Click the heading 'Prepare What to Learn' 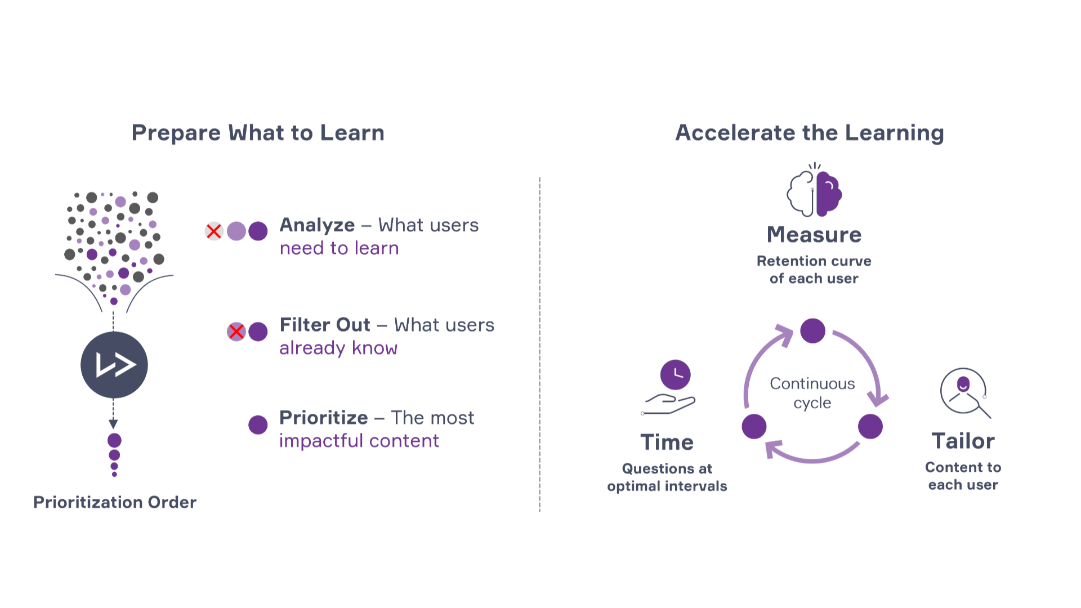point(258,133)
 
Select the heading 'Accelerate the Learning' point(810,133)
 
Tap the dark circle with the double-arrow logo point(114,365)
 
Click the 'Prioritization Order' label point(115,502)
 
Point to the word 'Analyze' point(317,225)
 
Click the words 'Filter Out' point(325,325)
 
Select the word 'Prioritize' point(324,418)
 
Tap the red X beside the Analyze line point(214,231)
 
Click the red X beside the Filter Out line point(236,332)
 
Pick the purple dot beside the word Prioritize point(258,425)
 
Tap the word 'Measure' point(814,235)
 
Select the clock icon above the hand point(675,374)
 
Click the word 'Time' point(667,442)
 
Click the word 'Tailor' point(963,441)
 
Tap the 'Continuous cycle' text point(812,393)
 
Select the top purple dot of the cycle point(812,331)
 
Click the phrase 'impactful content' point(359,441)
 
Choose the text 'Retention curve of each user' point(814,270)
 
